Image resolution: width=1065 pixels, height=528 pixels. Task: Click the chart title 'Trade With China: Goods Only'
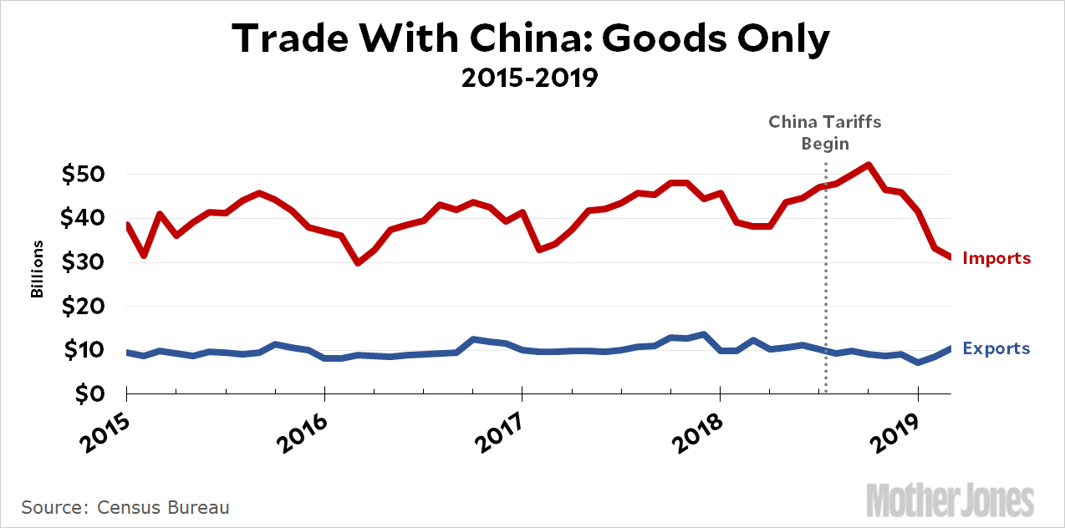(x=531, y=39)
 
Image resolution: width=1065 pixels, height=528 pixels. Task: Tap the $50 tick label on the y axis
(x=84, y=175)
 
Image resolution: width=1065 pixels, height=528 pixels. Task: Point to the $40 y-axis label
(x=84, y=219)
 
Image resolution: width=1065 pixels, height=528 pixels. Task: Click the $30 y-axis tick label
(x=84, y=262)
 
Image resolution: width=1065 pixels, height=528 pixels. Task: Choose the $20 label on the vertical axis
(x=84, y=307)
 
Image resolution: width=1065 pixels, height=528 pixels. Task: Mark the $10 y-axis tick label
(x=84, y=350)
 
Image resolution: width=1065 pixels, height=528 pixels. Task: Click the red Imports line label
(x=996, y=258)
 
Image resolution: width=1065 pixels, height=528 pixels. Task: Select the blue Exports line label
(x=996, y=348)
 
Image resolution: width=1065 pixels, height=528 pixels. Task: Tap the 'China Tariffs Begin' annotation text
(x=825, y=133)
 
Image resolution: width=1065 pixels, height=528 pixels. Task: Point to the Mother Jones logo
(x=950, y=500)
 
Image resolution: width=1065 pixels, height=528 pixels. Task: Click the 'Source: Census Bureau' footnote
(x=125, y=507)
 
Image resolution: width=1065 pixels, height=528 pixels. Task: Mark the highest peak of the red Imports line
(x=869, y=165)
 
